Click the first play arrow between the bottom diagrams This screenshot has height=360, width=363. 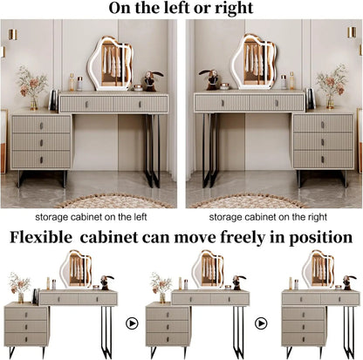pyautogui.click(x=133, y=322)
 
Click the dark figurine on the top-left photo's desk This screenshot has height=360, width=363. pyautogui.click(x=148, y=81)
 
